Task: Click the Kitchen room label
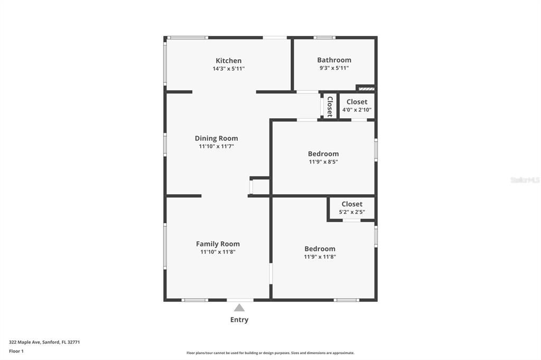click(228, 61)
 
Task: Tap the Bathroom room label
click(334, 60)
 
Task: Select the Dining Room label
click(216, 138)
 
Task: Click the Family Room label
click(218, 244)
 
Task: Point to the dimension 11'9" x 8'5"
click(323, 162)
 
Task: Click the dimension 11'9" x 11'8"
click(320, 257)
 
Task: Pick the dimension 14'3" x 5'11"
click(228, 69)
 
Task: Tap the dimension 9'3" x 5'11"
click(334, 68)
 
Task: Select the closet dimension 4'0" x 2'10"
click(357, 110)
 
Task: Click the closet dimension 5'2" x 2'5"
click(352, 212)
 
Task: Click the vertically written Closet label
click(329, 106)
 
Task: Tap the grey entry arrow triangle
click(239, 308)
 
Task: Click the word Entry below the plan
click(239, 319)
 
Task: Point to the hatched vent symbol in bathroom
click(366, 88)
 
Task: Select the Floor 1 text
click(16, 350)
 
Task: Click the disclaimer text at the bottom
click(270, 353)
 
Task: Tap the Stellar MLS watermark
click(525, 180)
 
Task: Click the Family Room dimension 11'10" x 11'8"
click(218, 252)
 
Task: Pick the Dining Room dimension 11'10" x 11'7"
click(216, 146)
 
